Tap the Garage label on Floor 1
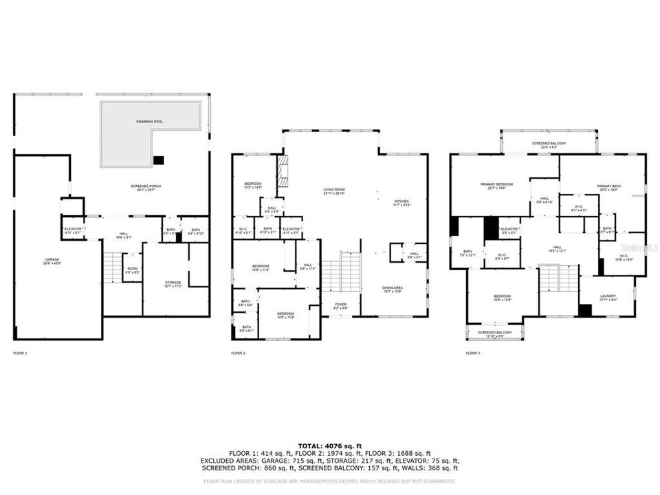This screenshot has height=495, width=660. point(43,261)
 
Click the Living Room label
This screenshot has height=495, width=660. point(334,191)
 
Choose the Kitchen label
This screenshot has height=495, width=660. point(401,201)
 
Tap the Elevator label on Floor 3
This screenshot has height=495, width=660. point(509,230)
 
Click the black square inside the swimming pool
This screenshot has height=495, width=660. point(159,160)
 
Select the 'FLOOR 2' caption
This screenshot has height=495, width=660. point(238,353)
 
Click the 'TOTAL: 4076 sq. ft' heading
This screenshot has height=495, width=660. point(330,446)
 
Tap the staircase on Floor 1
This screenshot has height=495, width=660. point(111,267)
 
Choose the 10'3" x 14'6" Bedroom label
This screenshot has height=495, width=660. point(253,185)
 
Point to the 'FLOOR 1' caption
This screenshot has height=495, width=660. point(20,353)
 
